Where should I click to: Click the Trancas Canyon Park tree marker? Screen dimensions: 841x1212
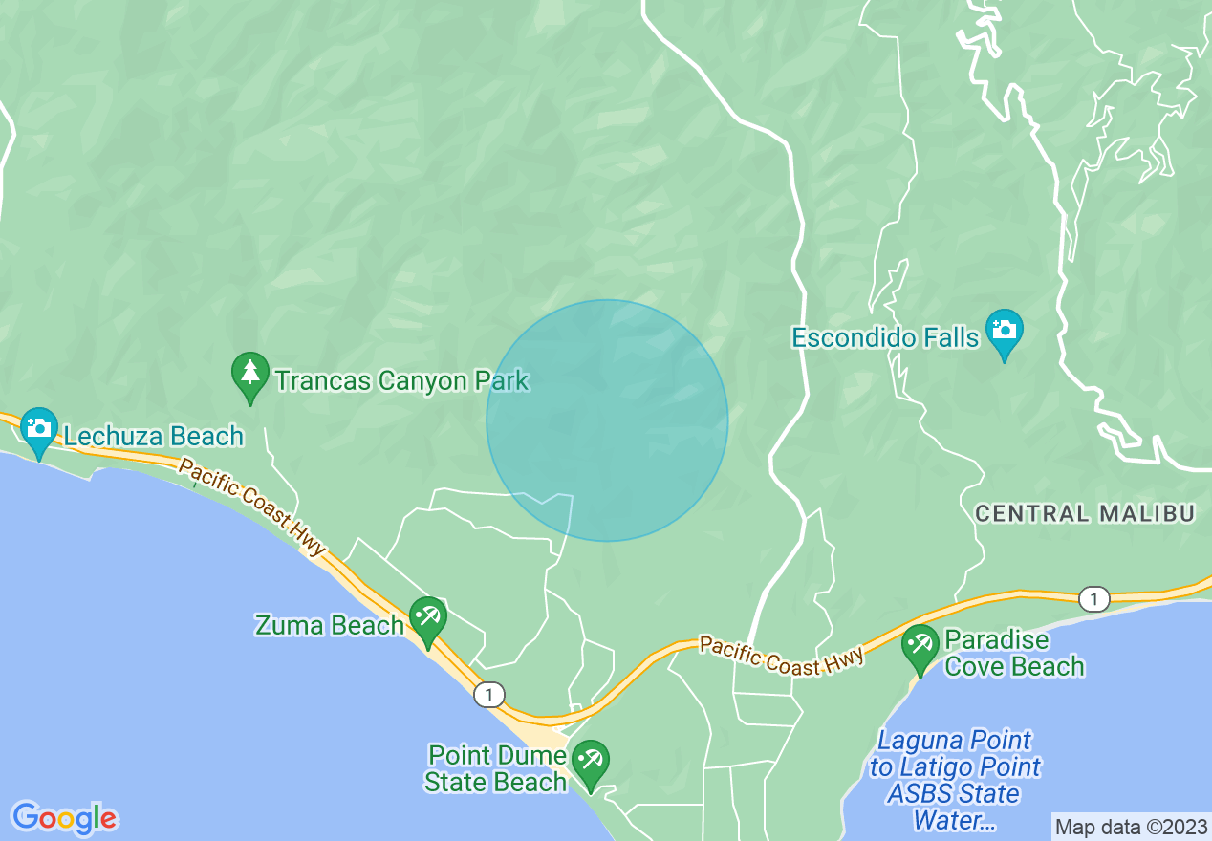[250, 375]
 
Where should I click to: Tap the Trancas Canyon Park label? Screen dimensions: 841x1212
[401, 381]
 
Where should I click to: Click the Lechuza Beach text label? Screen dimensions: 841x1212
[154, 437]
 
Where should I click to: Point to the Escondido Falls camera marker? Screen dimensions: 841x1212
[1004, 331]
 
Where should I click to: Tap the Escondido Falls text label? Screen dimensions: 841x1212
[885, 337]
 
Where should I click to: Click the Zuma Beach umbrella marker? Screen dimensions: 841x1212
[426, 619]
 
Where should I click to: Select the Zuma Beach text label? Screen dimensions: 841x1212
[329, 626]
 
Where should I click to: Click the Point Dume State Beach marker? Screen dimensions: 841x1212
[590, 763]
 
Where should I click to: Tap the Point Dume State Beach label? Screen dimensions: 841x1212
[496, 769]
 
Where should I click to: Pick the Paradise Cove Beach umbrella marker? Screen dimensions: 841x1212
[920, 647]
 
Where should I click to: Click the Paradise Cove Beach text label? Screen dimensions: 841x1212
[1014, 653]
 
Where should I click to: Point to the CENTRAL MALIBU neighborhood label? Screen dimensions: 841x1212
[1085, 514]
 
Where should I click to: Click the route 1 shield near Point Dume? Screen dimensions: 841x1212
[489, 694]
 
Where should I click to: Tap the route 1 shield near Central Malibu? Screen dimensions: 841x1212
[1093, 599]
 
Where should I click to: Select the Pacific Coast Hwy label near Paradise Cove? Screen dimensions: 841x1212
[782, 657]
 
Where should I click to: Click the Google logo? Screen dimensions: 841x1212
[64, 818]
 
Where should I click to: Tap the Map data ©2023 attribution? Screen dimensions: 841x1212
[1130, 827]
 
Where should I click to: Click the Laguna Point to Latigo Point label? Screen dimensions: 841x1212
[954, 780]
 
